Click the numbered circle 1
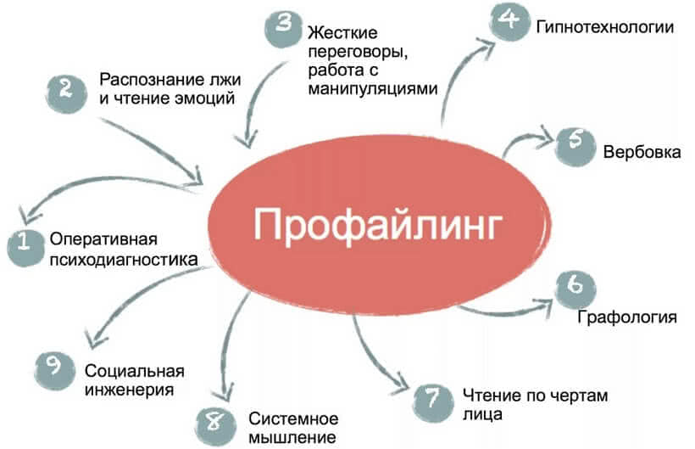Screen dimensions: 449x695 click(25, 246)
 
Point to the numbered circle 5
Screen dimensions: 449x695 click(574, 144)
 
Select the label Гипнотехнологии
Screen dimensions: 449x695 click(604, 27)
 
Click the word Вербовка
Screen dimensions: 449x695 click(642, 154)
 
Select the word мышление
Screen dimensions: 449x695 click(288, 439)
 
